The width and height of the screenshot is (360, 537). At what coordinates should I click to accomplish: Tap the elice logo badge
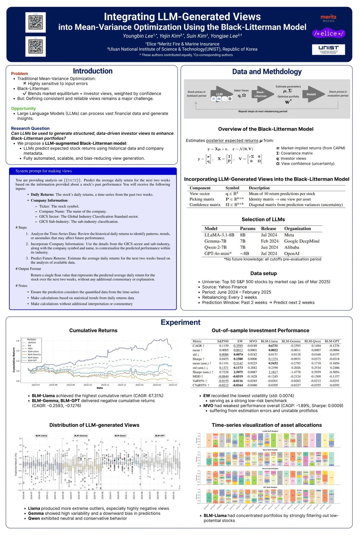329,34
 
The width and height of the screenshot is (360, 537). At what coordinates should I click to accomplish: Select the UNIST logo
328,49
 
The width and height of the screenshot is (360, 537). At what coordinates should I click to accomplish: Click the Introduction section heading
92,71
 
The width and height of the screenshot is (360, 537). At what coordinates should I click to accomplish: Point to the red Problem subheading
19,73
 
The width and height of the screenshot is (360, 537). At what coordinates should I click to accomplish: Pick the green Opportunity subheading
23,108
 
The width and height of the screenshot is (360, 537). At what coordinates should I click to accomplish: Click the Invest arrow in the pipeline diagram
311,94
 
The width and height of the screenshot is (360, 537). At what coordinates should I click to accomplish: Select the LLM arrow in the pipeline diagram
220,94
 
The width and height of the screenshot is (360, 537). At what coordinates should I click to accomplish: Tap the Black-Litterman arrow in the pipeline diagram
261,94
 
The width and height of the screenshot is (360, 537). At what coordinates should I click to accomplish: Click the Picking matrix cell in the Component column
202,199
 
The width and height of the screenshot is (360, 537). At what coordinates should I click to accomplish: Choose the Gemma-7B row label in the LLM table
215,241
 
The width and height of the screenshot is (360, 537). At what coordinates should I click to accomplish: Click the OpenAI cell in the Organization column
292,253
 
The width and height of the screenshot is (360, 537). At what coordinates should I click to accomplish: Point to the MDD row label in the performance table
197,376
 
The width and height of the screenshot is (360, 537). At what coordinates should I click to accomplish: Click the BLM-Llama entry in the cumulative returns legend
33,351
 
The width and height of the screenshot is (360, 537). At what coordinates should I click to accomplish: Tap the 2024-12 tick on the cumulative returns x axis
122,385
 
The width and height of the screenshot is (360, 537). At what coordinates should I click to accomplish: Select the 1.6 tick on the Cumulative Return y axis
18,341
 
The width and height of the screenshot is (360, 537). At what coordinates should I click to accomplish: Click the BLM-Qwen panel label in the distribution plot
120,436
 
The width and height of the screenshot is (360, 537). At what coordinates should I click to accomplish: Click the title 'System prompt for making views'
44,171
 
